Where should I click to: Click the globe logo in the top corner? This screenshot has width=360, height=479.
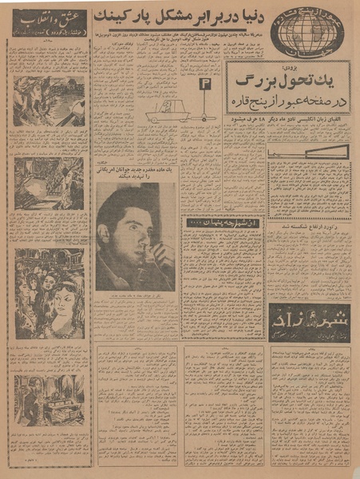point(310,30)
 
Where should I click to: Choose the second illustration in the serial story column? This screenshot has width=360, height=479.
point(49,183)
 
